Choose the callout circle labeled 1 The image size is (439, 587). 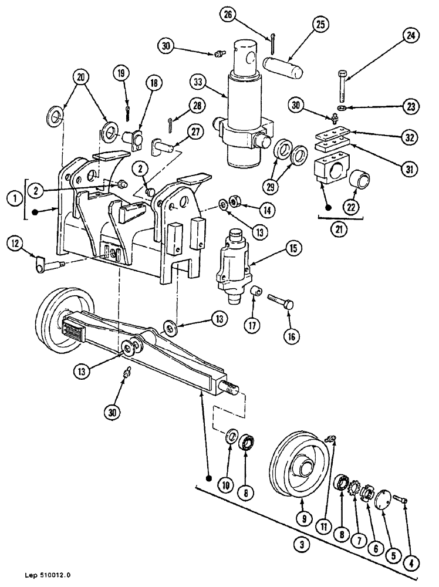[x=11, y=198]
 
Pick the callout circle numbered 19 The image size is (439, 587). [x=121, y=74]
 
